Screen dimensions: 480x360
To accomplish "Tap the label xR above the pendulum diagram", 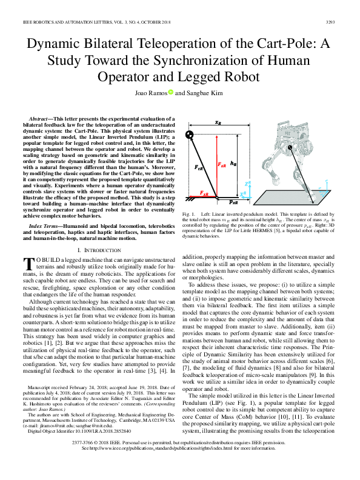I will (x=218, y=123).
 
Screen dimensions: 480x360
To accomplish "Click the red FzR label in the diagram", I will (x=222, y=164).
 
